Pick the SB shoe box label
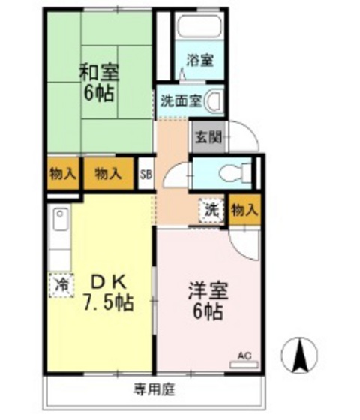(147, 175)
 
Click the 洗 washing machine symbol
(212, 210)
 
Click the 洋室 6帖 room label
(208, 299)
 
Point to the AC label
(244, 355)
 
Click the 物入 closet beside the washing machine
(244, 211)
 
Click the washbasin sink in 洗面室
(214, 99)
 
